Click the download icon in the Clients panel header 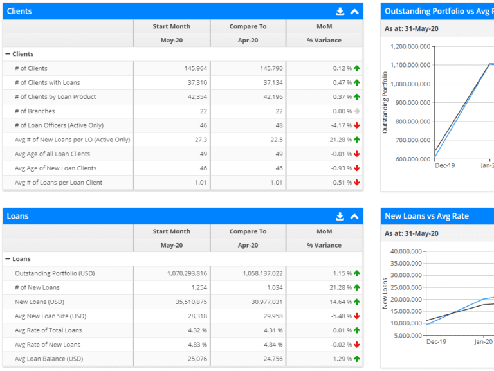pos(340,11)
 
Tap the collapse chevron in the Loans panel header pos(354,217)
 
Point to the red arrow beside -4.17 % pos(356,125)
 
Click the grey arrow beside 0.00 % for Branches pos(356,111)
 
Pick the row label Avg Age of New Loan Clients pos(55,168)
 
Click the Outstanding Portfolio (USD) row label pos(55,273)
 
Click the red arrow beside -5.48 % pos(356,316)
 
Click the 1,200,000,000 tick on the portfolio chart pos(409,46)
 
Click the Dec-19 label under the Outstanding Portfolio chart pos(445,166)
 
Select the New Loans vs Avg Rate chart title pos(426,217)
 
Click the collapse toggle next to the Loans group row pos(8,259)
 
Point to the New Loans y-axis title pos(385,294)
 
